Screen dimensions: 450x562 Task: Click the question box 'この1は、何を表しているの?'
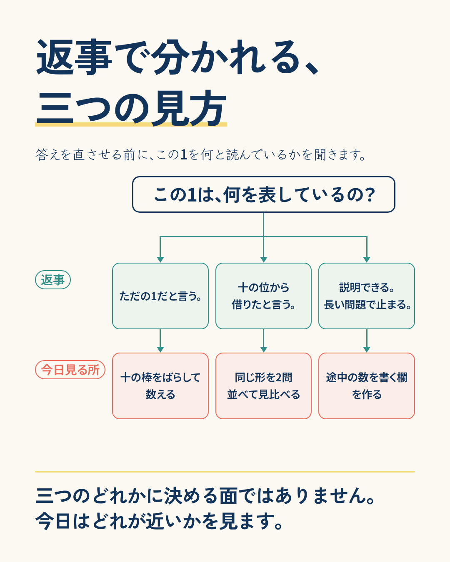tap(264, 194)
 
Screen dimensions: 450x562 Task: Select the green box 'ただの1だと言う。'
tap(160, 296)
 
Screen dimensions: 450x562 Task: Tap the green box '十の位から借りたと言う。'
tap(264, 296)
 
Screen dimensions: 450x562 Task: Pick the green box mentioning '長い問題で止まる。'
tap(367, 296)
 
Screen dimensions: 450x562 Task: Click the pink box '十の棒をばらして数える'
tap(160, 386)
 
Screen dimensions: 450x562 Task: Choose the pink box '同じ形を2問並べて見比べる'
tap(264, 386)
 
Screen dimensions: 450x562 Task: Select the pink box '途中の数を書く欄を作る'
tap(367, 386)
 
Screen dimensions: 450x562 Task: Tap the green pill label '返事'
tap(53, 280)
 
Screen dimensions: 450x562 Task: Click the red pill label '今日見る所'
tap(70, 370)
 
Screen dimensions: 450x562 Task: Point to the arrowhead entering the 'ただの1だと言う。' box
tap(160, 260)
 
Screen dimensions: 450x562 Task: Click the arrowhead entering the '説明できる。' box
tap(367, 260)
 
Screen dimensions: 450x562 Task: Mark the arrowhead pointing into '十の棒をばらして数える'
tap(160, 349)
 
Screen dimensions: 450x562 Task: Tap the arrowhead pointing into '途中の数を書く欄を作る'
tap(367, 349)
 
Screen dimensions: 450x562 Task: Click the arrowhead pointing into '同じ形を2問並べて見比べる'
tap(264, 349)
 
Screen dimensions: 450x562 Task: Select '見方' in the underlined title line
tap(189, 108)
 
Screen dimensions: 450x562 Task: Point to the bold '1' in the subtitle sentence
tap(184, 154)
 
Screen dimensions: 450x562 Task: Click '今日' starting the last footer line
tap(53, 521)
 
